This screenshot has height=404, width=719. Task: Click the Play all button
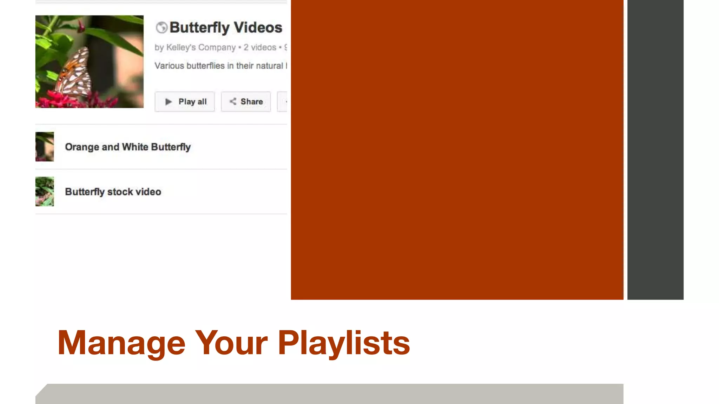pos(185,102)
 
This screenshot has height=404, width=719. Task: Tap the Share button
pos(246,102)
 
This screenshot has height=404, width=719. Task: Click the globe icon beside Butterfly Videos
pos(161,27)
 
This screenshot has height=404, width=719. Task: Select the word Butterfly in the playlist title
pos(199,28)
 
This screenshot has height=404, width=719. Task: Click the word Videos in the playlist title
pos(258,27)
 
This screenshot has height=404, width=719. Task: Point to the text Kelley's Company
pos(201,47)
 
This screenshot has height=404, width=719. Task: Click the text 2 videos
pos(260,47)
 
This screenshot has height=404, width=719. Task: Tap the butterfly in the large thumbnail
pos(74,72)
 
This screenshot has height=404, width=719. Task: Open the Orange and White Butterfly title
pos(128,147)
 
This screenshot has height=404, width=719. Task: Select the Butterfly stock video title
pos(113,192)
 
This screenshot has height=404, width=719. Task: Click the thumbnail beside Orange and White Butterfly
pos(45,147)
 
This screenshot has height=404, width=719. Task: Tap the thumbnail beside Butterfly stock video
pos(45,191)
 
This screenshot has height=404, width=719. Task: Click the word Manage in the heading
pos(121,343)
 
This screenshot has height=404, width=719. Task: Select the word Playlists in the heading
pos(344,343)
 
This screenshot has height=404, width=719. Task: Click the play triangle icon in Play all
pos(169,102)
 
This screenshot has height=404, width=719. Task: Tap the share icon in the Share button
pos(233,101)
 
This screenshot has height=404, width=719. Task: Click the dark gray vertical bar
pos(655,150)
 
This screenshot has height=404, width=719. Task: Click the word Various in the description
pos(169,66)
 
